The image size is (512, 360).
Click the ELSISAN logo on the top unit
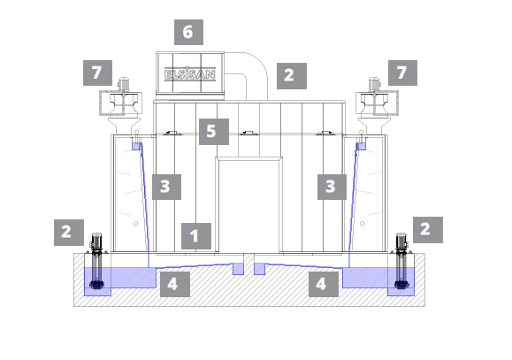coord(190,74)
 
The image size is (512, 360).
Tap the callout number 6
coord(188,32)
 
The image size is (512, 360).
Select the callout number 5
coord(214,132)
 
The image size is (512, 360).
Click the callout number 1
coord(196,236)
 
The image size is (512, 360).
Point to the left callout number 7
coord(97,73)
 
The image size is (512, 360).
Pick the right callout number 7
coord(402,73)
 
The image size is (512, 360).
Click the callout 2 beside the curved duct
coord(292,76)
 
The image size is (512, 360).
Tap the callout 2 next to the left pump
coord(69,233)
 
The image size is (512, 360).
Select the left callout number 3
coord(166,187)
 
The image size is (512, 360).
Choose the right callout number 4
coord(324,284)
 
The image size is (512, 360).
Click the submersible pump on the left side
coord(96,261)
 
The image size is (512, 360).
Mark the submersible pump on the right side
coord(401,261)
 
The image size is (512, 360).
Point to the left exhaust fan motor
coord(123,84)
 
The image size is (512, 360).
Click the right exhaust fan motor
coord(374,84)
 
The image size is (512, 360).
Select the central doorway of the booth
coord(248,205)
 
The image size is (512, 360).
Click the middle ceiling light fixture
coord(248,133)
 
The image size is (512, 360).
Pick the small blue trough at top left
coord(136,146)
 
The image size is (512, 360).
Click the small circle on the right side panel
coord(363,224)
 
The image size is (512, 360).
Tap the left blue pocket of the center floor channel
coord(238,269)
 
